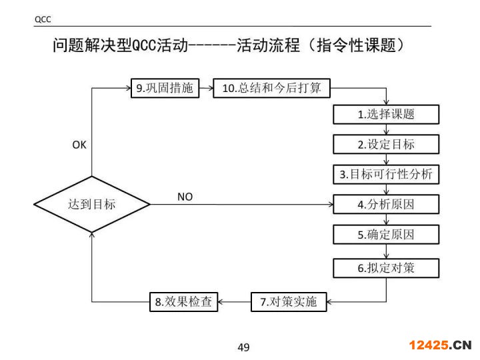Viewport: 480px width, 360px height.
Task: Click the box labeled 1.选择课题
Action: click(x=386, y=114)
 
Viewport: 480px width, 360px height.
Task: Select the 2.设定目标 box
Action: click(x=386, y=144)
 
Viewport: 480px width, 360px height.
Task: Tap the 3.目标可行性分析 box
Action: click(x=386, y=175)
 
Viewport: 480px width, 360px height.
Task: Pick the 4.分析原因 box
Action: click(x=386, y=205)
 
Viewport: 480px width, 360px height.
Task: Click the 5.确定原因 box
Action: click(x=386, y=235)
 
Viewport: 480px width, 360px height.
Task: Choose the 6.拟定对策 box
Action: click(x=386, y=269)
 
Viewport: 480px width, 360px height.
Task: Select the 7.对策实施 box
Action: click(x=288, y=302)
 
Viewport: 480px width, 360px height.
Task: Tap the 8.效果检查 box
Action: click(x=183, y=302)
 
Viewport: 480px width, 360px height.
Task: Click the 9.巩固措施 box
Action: click(x=164, y=88)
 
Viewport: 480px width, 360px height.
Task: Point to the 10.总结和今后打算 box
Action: click(x=271, y=88)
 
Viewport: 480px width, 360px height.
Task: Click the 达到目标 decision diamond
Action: click(x=91, y=205)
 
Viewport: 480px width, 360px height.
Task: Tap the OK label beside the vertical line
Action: click(x=79, y=145)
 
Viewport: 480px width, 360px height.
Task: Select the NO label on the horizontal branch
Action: click(x=185, y=197)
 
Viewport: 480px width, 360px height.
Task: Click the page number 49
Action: click(x=243, y=347)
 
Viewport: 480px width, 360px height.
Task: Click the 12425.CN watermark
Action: click(x=440, y=345)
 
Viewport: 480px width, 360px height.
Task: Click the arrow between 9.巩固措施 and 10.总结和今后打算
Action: click(x=206, y=88)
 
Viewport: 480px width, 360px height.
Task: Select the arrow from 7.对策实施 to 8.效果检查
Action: click(x=235, y=302)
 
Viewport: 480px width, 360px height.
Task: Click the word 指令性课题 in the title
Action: click(x=361, y=46)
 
